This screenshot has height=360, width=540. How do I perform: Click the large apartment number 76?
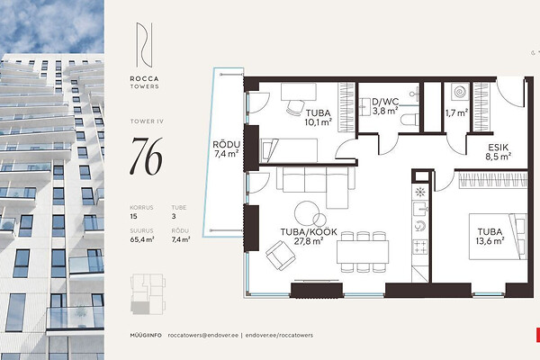[146, 157]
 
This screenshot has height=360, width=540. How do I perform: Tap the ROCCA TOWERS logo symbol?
[144, 45]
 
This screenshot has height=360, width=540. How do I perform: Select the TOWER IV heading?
[147, 121]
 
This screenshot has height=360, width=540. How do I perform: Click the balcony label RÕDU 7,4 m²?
[226, 149]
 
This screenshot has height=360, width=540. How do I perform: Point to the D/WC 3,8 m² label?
[385, 106]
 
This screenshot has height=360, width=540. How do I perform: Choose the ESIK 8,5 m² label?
[498, 152]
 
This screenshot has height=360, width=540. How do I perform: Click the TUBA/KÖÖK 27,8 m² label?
[309, 237]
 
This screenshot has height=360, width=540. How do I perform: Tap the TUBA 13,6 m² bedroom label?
[490, 237]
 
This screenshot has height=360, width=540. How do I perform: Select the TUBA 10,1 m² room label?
[319, 117]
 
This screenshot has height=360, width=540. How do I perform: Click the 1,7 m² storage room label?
[456, 112]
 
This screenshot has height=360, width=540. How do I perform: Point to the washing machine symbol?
[460, 92]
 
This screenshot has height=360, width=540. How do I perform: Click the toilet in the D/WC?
[409, 120]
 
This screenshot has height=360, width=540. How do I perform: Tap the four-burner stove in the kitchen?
[420, 247]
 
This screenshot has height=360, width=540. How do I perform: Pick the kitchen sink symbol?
[420, 209]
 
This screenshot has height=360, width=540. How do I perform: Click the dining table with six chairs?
[363, 252]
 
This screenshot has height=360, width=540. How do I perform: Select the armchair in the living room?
[280, 256]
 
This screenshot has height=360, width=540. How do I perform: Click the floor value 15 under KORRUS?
[133, 216]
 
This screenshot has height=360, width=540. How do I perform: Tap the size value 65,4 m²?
[142, 239]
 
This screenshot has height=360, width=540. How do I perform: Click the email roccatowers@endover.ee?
[203, 335]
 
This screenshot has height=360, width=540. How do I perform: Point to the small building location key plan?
[148, 294]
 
